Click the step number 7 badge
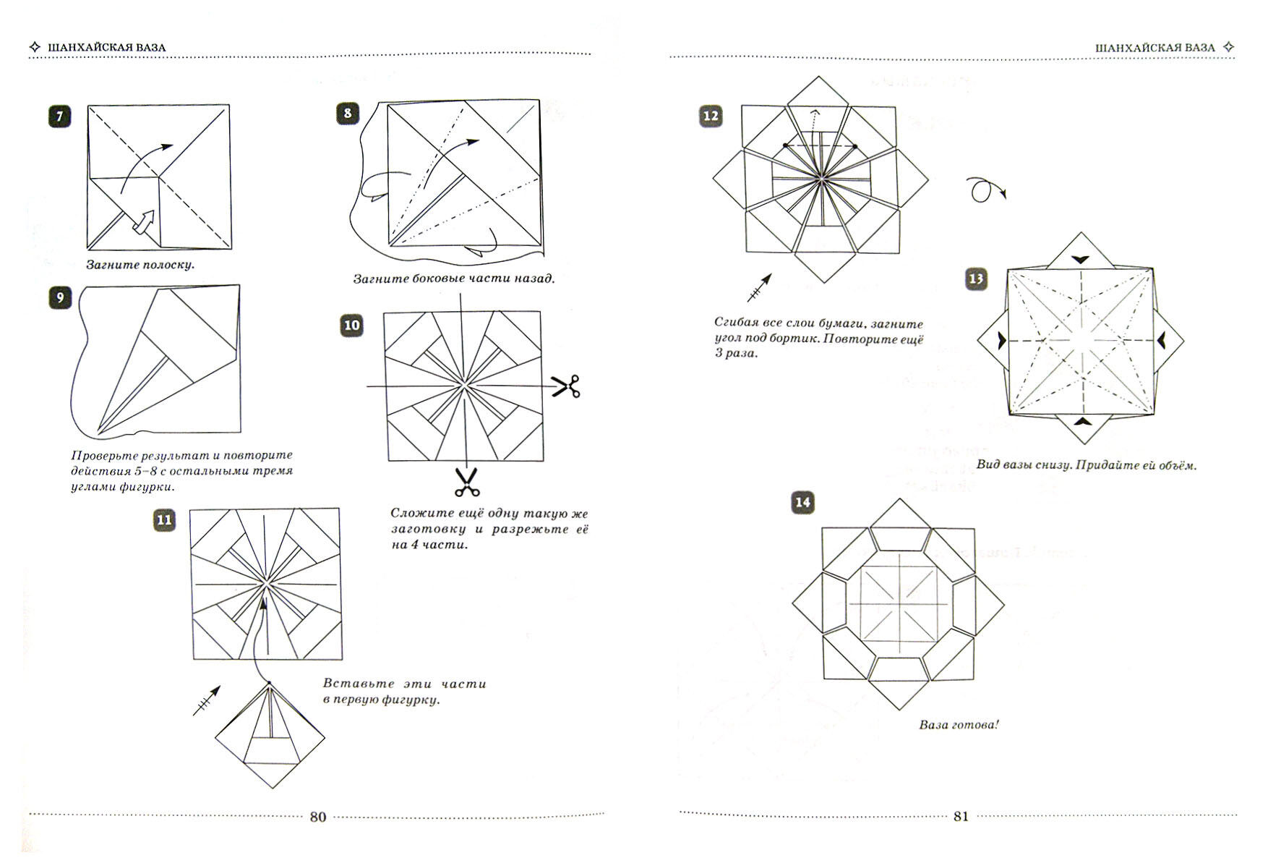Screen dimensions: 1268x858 coord(59,116)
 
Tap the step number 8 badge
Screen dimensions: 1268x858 coord(348,114)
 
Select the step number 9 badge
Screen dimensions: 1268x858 coord(59,298)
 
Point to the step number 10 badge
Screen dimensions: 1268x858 coord(351,326)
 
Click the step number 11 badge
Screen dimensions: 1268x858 coord(165,520)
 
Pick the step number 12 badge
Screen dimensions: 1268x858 coord(711,116)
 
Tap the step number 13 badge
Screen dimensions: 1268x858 coord(976,279)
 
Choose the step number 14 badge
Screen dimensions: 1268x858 coord(802,503)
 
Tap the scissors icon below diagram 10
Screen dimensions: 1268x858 coord(467,482)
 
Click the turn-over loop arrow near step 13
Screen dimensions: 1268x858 coord(984,191)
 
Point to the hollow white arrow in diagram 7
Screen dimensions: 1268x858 coord(147,222)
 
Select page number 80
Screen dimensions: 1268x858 coord(318,817)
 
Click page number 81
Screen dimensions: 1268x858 coord(961,817)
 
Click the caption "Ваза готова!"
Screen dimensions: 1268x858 coord(959,724)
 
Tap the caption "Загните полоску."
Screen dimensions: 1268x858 coord(140,265)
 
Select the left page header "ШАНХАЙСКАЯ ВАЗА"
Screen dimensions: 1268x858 coord(106,48)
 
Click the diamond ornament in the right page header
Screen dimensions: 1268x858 coord(1228,48)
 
